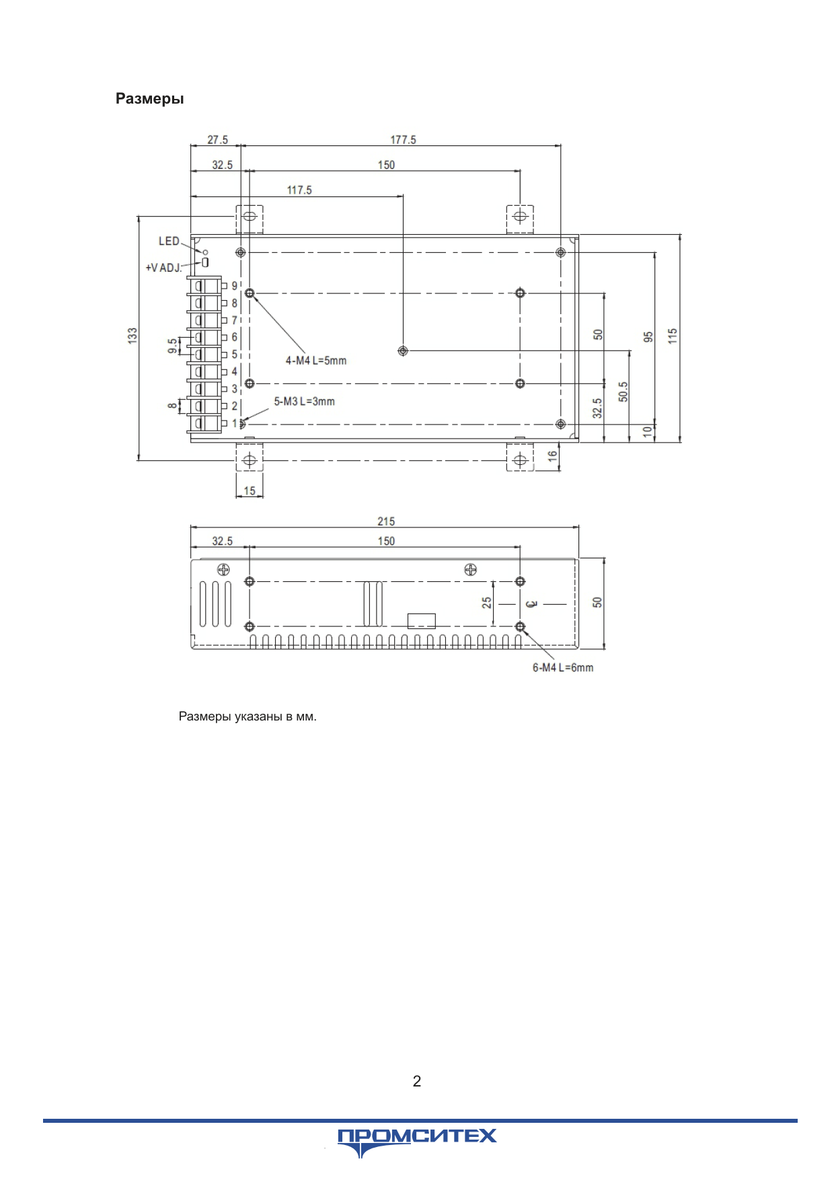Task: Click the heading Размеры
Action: point(149,99)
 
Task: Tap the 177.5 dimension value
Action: point(404,140)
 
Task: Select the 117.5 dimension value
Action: point(299,190)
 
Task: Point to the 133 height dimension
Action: point(132,336)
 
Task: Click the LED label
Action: point(169,241)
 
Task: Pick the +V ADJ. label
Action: point(163,268)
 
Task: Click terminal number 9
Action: point(235,286)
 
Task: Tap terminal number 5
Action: point(235,355)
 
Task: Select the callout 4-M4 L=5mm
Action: point(316,361)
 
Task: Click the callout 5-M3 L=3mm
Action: point(304,402)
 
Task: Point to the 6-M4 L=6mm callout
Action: point(563,667)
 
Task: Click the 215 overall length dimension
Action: point(386,521)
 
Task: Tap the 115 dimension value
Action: point(673,336)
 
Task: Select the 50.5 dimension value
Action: point(623,392)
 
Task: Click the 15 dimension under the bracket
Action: point(250,491)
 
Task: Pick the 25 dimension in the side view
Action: point(487,603)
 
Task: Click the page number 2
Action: point(417,1081)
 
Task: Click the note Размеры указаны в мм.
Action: point(248,716)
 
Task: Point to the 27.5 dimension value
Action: point(217,140)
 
